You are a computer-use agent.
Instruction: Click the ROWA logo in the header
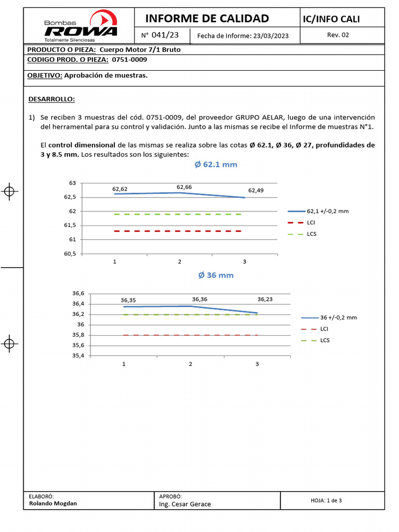tap(81, 26)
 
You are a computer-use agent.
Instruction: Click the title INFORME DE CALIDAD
tap(207, 19)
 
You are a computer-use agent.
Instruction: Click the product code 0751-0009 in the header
tap(129, 59)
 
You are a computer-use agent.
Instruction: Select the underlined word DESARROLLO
tap(51, 99)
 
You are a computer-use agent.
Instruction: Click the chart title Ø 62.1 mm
tap(216, 165)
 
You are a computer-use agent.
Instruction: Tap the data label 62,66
tap(184, 187)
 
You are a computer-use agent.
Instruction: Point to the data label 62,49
tap(256, 190)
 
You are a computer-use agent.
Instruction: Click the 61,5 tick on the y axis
tap(69, 225)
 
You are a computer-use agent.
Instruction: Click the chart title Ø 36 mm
tap(216, 275)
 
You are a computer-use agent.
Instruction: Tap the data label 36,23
tap(265, 299)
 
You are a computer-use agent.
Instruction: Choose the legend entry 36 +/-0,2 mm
tap(339, 317)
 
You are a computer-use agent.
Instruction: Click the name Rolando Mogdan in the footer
tap(53, 503)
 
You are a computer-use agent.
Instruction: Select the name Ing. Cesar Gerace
tap(185, 504)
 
